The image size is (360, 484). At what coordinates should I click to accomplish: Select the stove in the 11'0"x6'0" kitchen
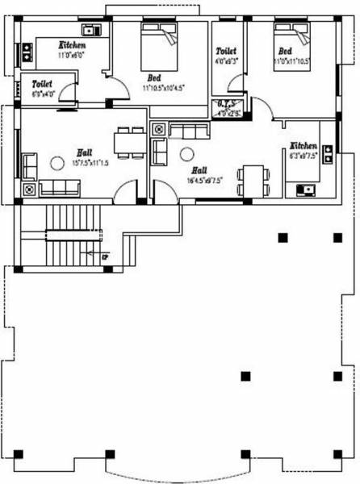pyautogui.click(x=26, y=53)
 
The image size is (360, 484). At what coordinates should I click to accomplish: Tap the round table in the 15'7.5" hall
pyautogui.click(x=57, y=163)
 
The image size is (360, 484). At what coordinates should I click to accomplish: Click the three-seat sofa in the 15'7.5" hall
pyautogui.click(x=59, y=188)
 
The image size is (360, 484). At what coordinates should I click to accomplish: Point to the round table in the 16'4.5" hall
pyautogui.click(x=187, y=154)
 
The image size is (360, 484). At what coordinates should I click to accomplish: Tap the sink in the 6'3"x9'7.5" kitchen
pyautogui.click(x=307, y=190)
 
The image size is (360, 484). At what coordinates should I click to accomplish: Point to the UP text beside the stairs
pyautogui.click(x=105, y=257)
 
